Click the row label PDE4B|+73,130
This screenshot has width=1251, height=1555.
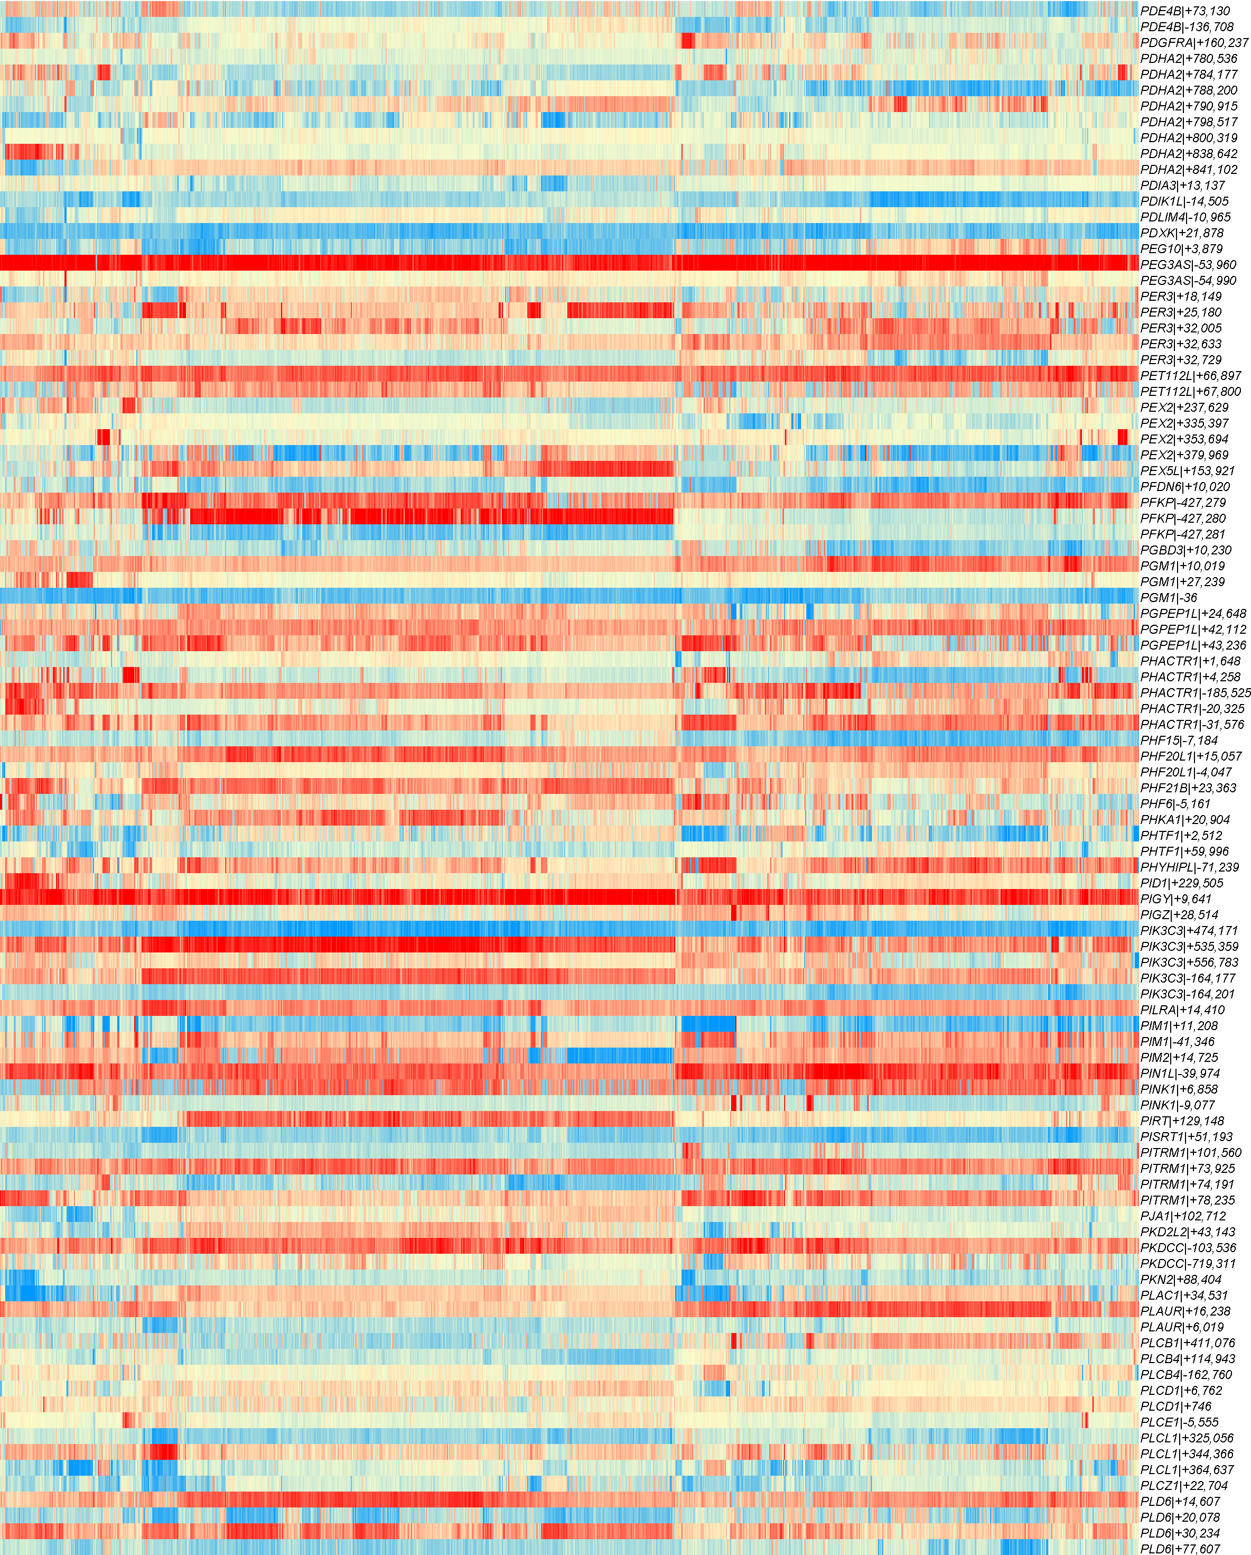pyautogui.click(x=1184, y=11)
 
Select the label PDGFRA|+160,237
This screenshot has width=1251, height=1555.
pyautogui.click(x=1193, y=43)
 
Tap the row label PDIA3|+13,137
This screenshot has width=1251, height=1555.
pyautogui.click(x=1182, y=186)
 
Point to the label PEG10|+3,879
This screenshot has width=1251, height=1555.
pyautogui.click(x=1181, y=249)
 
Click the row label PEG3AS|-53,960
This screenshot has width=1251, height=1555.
pyautogui.click(x=1188, y=265)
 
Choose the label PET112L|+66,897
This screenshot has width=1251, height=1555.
pyautogui.click(x=1190, y=376)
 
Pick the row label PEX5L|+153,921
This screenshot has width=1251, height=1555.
pyautogui.click(x=1188, y=471)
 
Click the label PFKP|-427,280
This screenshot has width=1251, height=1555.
pyautogui.click(x=1182, y=519)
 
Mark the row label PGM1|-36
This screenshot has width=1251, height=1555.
pyautogui.click(x=1169, y=598)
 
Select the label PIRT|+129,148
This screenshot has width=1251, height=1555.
pyautogui.click(x=1182, y=1122)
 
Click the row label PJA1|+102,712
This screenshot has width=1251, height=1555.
pyautogui.click(x=1182, y=1217)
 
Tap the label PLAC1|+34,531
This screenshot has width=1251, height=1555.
pyautogui.click(x=1184, y=1296)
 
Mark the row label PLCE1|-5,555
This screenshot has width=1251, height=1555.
pyautogui.click(x=1180, y=1423)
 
